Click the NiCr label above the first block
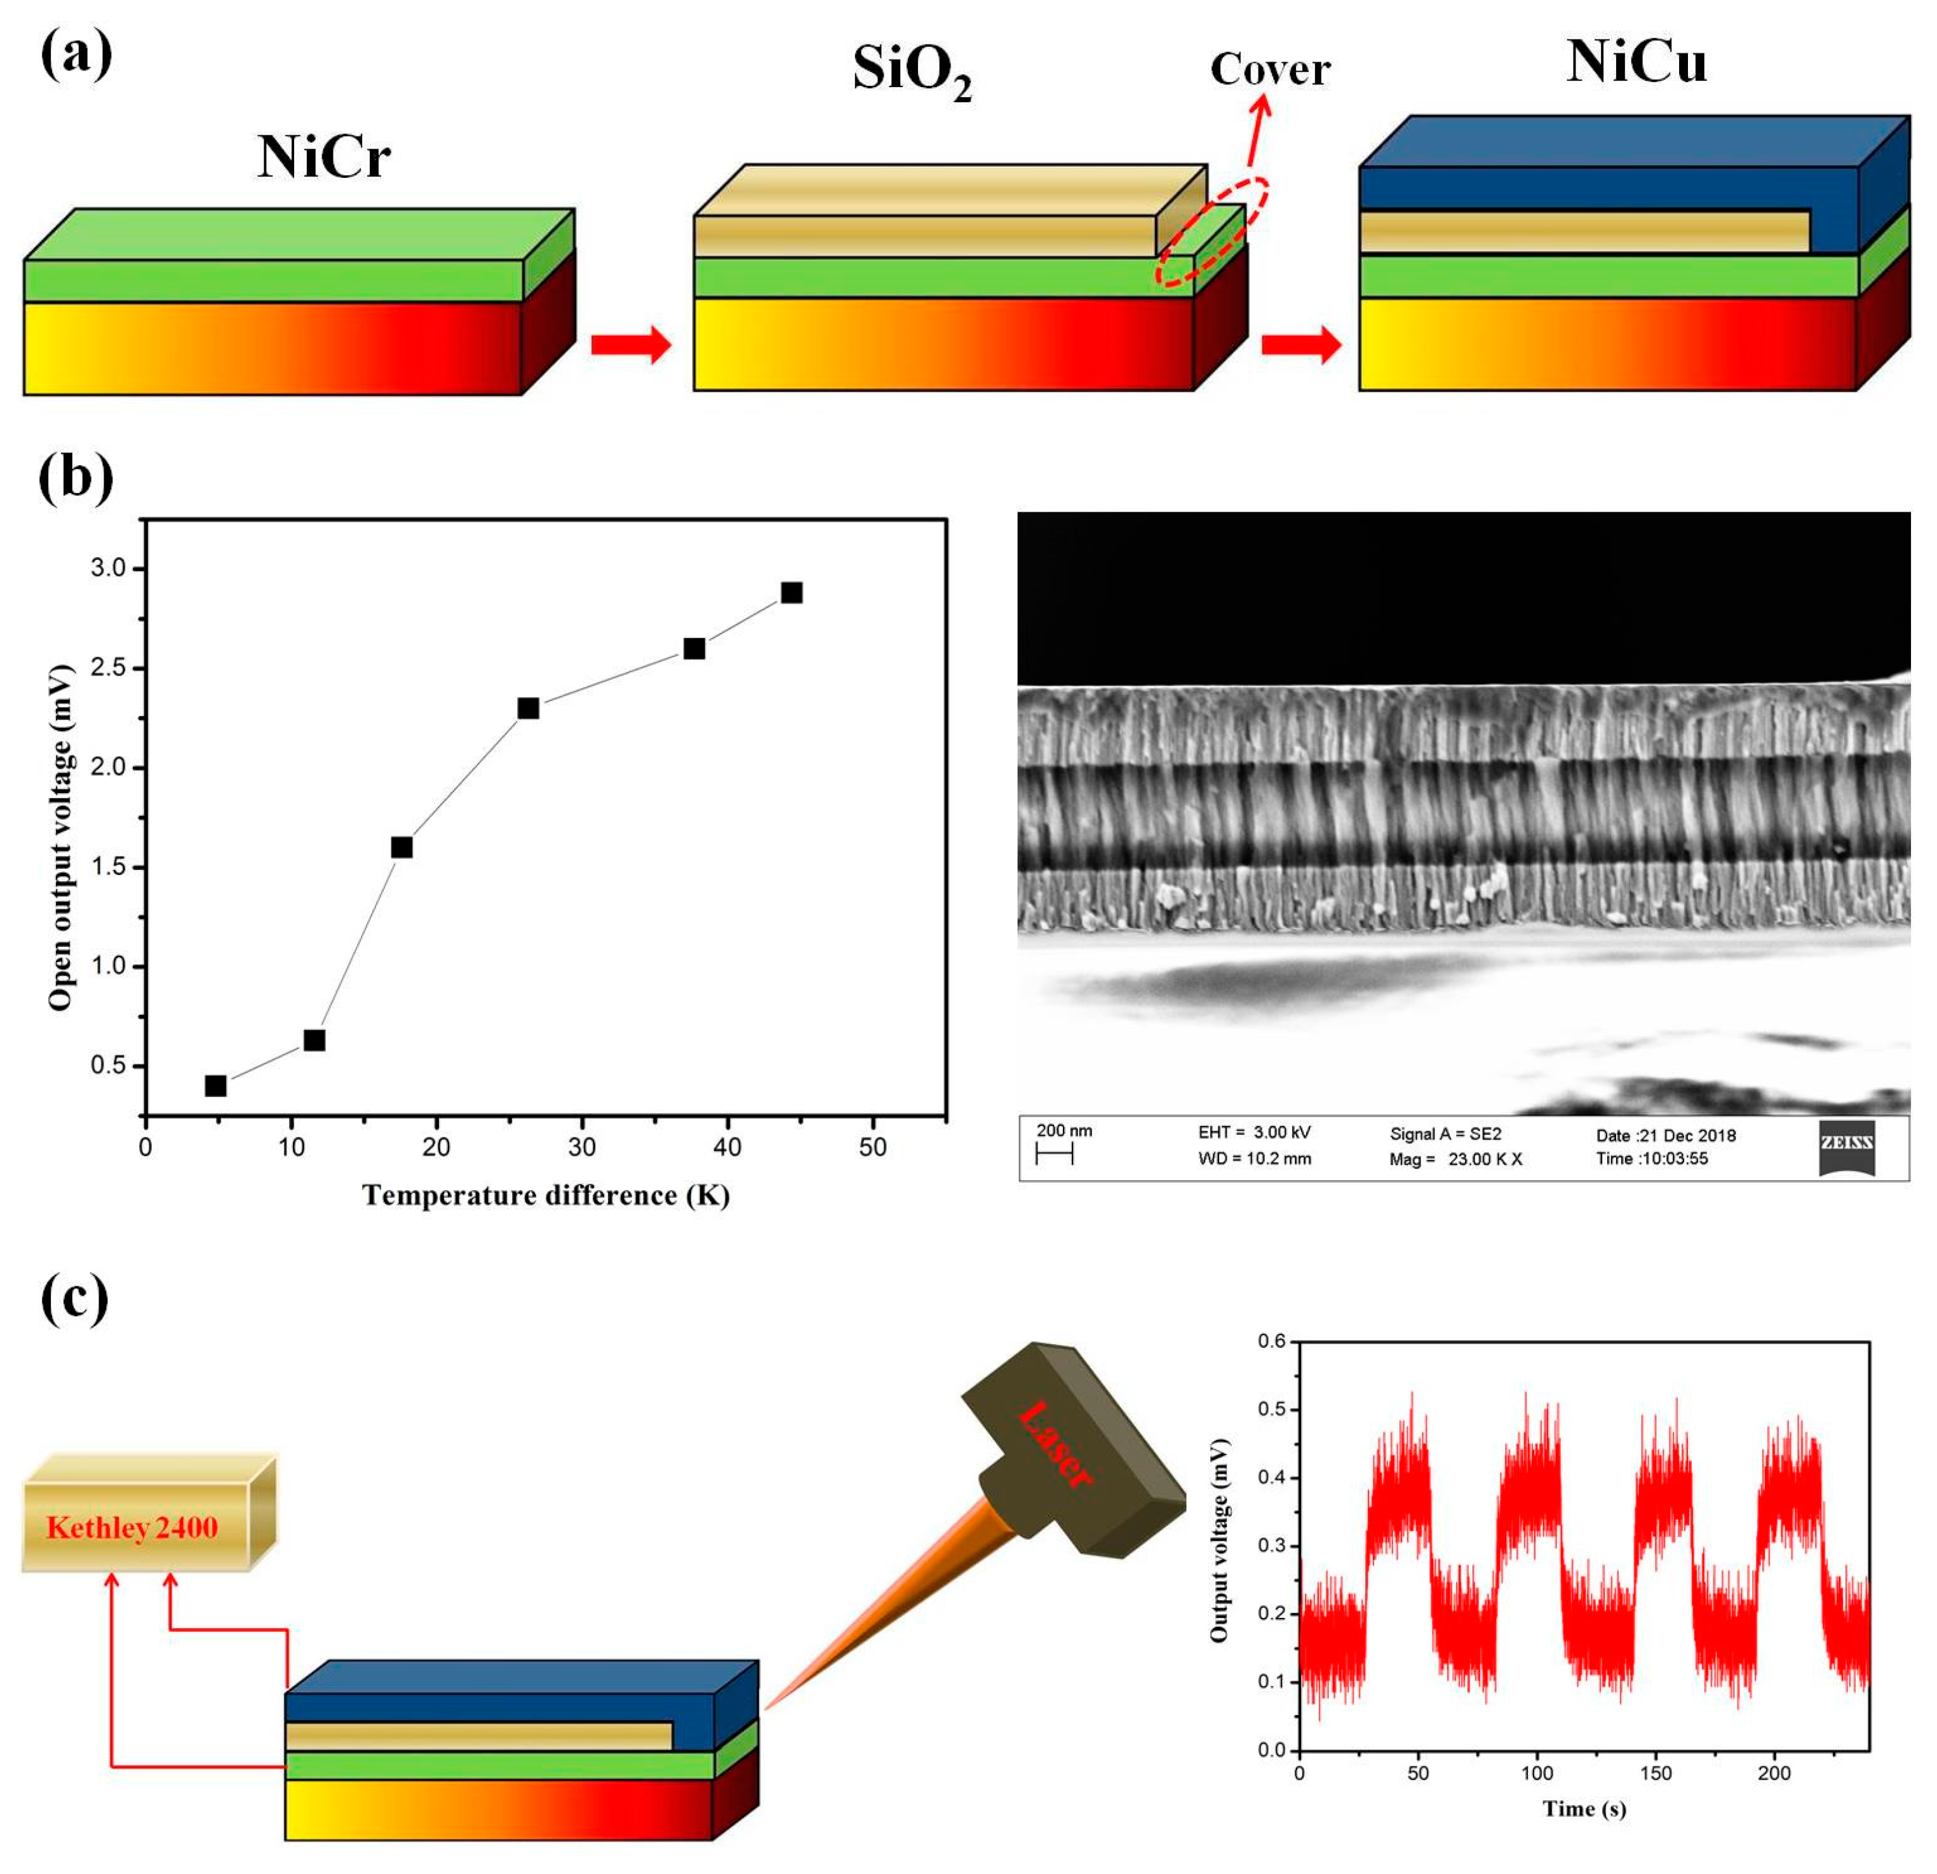323,157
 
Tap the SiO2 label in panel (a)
911,71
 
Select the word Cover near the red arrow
1270,69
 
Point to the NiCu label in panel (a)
1637,61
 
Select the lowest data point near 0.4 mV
215,1086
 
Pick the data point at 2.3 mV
529,709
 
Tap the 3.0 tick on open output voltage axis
109,568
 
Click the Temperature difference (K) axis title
546,1196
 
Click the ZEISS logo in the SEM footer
1846,1146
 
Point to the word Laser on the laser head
1055,1445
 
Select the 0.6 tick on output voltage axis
1271,1341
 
